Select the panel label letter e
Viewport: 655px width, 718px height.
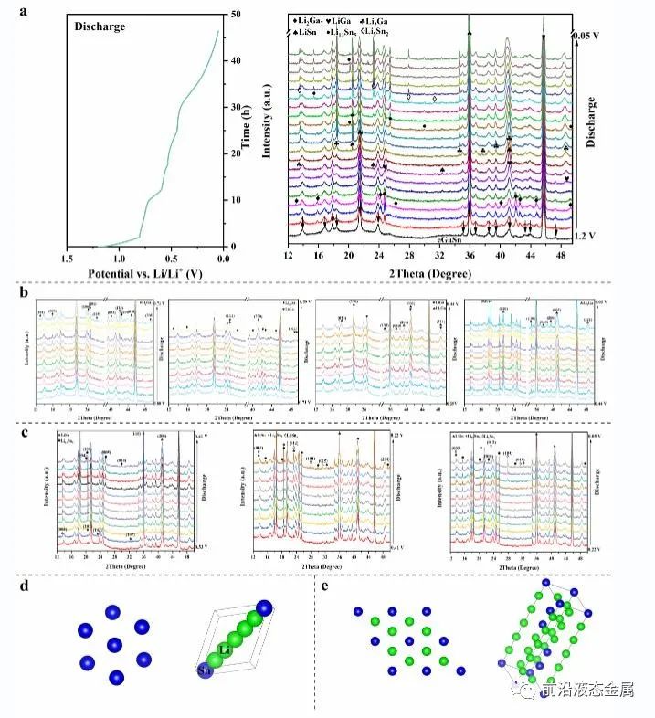[326, 585]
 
